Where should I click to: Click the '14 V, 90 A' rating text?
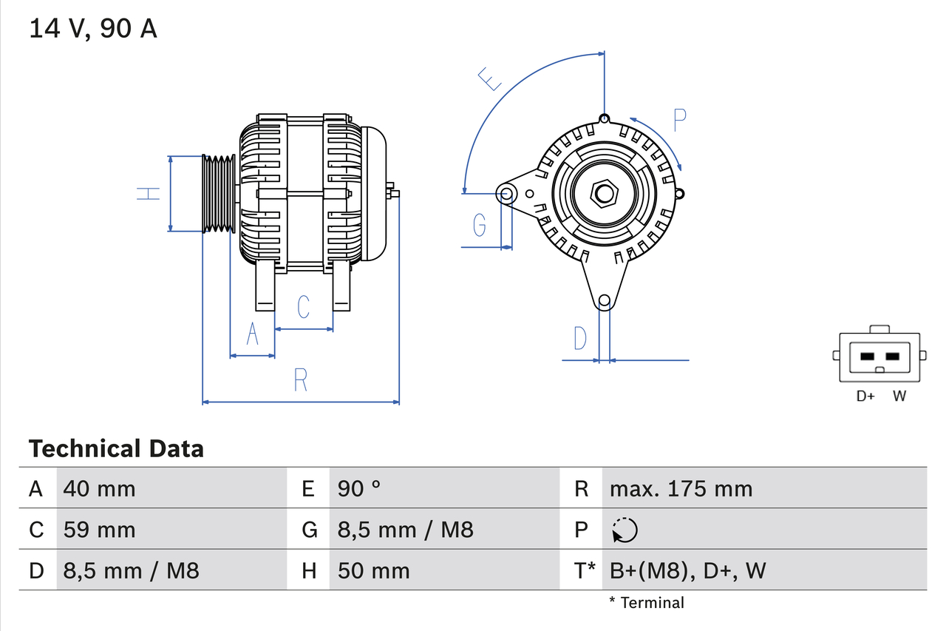[93, 29]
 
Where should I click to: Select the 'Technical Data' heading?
[116, 448]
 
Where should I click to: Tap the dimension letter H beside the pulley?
[149, 194]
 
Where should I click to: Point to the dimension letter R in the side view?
[300, 380]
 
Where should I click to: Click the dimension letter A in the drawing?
[252, 334]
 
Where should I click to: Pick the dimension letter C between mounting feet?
[303, 306]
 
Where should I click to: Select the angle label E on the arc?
[490, 78]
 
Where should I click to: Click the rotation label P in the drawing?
[680, 120]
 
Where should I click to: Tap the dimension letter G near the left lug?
[480, 224]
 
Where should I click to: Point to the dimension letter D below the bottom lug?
[580, 338]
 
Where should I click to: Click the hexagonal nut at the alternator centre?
[605, 194]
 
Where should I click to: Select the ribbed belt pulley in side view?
[219, 194]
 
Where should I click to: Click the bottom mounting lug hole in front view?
[605, 300]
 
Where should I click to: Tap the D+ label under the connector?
[865, 396]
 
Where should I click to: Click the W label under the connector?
[899, 396]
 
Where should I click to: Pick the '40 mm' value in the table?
[100, 489]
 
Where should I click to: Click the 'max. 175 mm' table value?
[681, 489]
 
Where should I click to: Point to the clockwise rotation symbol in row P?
[625, 530]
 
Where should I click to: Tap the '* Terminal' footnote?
[647, 603]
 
